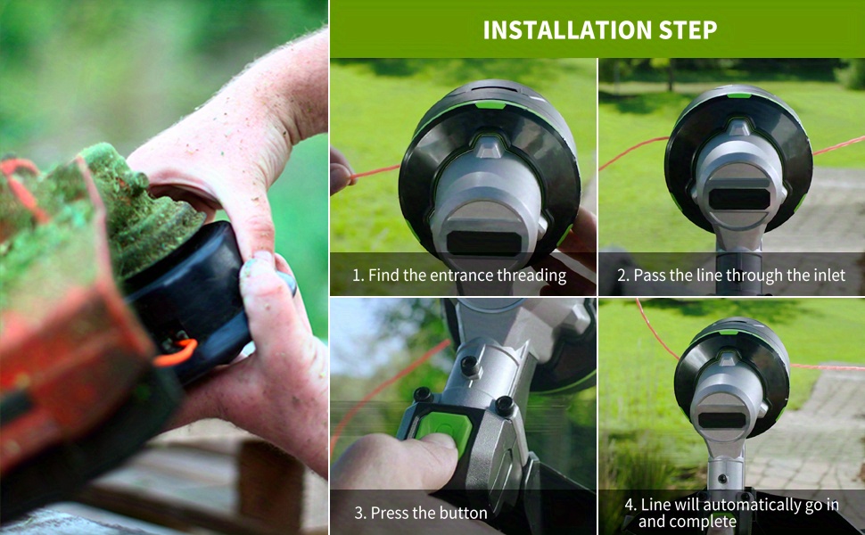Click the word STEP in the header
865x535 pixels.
point(688,29)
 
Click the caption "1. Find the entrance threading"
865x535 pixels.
point(459,276)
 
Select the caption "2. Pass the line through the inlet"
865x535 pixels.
point(731,276)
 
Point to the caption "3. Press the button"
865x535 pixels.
point(420,513)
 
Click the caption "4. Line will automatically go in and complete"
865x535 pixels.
point(731,513)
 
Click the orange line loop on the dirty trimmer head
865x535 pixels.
point(177,353)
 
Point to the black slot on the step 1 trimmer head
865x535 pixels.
point(484,243)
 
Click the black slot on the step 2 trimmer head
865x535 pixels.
point(738,199)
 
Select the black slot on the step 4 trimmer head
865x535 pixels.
point(721,420)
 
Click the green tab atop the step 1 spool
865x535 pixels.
point(490,105)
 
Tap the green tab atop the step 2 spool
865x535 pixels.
point(738,95)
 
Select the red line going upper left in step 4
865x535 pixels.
point(656,329)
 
